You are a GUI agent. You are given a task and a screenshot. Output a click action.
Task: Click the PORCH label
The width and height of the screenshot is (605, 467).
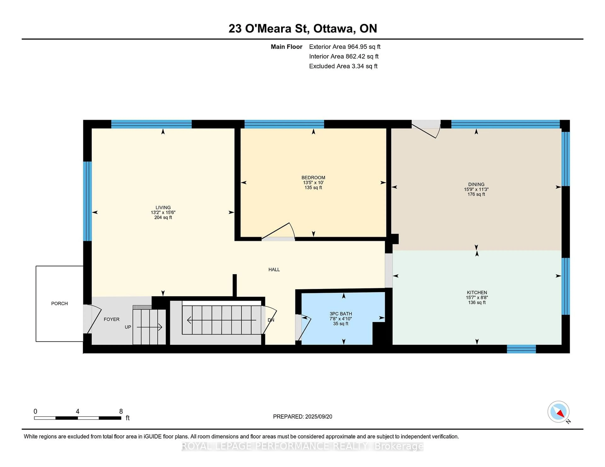[x=59, y=304]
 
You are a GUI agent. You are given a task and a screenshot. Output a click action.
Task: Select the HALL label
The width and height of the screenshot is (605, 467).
[x=274, y=270]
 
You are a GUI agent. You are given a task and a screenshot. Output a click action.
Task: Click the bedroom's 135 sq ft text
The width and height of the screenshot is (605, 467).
[x=313, y=188]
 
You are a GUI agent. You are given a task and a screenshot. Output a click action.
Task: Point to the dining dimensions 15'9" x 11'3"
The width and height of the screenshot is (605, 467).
[x=476, y=189]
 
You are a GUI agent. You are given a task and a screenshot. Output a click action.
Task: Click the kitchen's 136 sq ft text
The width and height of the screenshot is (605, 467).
[x=477, y=302]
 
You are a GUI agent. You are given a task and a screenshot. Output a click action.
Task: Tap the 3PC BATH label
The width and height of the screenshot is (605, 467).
[x=341, y=314]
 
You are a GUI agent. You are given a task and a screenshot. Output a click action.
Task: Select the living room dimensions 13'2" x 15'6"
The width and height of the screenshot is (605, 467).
[x=163, y=212]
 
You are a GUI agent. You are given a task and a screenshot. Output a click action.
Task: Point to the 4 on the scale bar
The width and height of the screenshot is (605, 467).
[x=78, y=411]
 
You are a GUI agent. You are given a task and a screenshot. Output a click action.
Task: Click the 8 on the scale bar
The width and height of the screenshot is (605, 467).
[x=121, y=411]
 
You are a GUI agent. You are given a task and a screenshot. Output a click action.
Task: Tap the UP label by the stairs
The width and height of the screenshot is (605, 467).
[x=128, y=327]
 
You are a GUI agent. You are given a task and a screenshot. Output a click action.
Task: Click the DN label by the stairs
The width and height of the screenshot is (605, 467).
[x=271, y=320]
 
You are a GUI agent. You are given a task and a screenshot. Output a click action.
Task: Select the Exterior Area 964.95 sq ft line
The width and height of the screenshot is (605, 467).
[x=345, y=47]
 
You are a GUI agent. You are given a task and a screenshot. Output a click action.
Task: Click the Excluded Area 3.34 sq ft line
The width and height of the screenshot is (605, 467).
[x=343, y=66]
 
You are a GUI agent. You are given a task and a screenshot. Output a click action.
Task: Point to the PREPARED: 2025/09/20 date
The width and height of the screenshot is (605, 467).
[x=302, y=417]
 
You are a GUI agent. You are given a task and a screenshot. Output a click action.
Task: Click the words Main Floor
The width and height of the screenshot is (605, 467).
[x=286, y=47]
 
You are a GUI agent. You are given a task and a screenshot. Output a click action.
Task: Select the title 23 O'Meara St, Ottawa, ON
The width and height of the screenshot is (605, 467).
[x=303, y=28]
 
